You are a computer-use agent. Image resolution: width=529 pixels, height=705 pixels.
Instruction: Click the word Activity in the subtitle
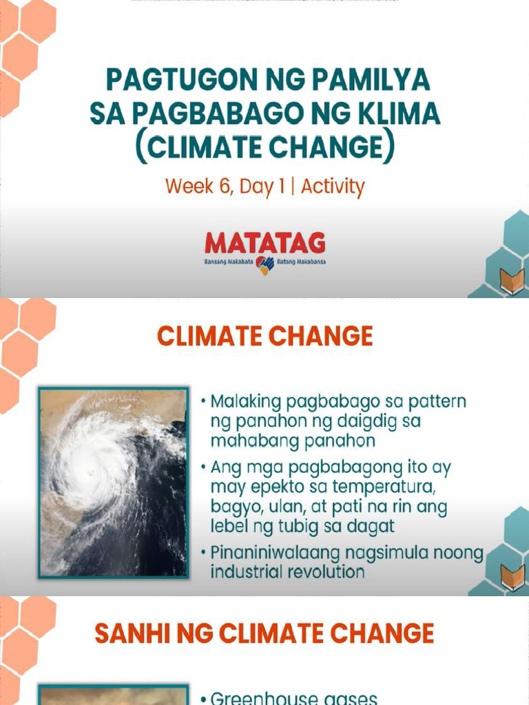[x=333, y=187]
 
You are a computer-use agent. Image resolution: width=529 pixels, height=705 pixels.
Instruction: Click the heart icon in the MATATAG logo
[x=264, y=264]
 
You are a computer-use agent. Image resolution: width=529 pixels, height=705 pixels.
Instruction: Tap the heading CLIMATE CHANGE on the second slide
[x=264, y=337]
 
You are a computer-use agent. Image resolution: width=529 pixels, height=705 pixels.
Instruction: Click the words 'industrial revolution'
[x=287, y=572]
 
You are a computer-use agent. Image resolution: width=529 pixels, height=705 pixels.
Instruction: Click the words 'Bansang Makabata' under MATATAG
[x=228, y=264]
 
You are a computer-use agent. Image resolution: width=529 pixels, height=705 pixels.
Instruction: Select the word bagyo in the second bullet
[x=234, y=507]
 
